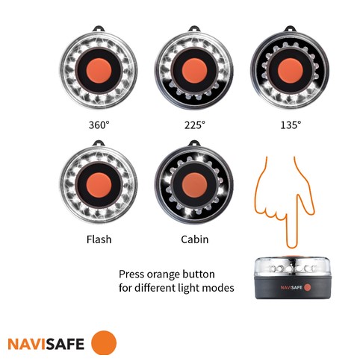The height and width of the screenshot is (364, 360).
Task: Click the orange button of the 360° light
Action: tap(99, 71)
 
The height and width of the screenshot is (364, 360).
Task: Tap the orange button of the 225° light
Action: tap(194, 71)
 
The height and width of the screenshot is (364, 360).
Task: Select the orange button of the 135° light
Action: tap(290, 71)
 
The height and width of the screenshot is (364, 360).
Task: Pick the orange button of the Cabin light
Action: tap(194, 185)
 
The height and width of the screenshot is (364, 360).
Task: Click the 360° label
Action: tap(99, 125)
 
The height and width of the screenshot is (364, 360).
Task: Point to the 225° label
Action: tap(195, 125)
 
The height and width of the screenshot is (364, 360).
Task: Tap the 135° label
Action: tap(291, 125)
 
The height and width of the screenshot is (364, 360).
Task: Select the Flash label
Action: tap(99, 239)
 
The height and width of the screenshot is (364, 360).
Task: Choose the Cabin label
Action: tap(195, 239)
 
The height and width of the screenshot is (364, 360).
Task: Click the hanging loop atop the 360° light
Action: tap(99, 28)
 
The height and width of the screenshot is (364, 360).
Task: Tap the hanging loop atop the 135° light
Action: tap(290, 28)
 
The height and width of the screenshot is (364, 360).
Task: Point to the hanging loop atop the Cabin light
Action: tap(194, 143)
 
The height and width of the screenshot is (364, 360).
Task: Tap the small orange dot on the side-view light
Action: tap(308, 287)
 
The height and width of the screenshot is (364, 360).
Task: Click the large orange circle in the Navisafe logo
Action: tap(104, 343)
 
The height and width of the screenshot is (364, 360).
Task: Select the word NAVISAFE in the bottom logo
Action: tap(46, 344)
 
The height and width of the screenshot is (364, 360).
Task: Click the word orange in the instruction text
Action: tap(164, 274)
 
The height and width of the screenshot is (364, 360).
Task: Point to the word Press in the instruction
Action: tap(131, 274)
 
